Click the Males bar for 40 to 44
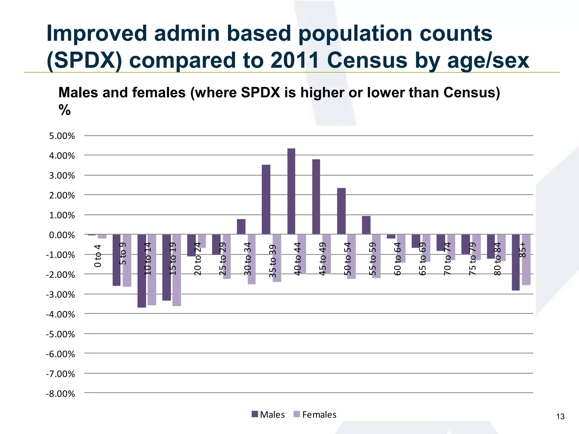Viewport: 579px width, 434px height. [x=291, y=191]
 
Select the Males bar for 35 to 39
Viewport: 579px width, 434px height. [x=266, y=199]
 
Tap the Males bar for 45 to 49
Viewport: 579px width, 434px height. [x=316, y=197]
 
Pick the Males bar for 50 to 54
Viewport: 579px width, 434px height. [x=341, y=211]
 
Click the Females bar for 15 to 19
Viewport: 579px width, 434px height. [x=177, y=270]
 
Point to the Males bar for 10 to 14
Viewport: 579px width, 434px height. [x=142, y=271]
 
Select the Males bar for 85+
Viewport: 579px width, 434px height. [x=516, y=262]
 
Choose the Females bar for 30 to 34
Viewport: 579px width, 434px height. [x=252, y=259]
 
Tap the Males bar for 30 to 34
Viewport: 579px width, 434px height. [x=241, y=227]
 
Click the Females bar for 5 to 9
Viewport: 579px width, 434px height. [x=127, y=260]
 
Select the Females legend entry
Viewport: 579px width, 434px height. [x=315, y=415]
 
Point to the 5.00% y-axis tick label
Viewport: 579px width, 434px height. [x=62, y=136]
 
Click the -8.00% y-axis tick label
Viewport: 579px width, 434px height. [x=60, y=394]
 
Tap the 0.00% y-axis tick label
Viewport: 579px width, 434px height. [x=62, y=235]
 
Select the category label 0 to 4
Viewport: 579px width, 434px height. [x=98, y=256]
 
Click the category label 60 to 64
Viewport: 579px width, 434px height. [x=397, y=259]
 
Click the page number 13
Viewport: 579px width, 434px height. [x=560, y=416]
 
